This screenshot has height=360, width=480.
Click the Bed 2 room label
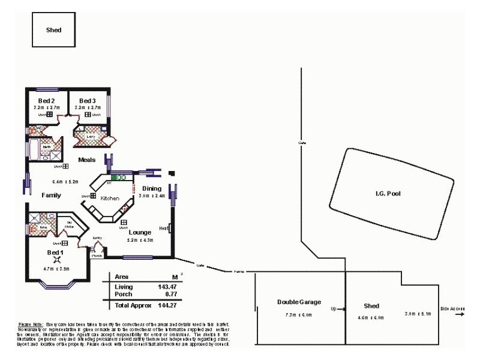point(47,100)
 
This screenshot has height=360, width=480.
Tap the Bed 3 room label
point(87,100)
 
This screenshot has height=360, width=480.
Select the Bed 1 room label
point(56,253)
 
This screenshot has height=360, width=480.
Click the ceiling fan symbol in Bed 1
point(57,260)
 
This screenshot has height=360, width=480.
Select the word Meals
point(87,160)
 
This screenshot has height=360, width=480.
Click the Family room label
point(51,196)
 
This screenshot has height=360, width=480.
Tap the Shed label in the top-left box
point(53,29)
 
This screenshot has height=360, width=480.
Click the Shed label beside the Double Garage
point(373,306)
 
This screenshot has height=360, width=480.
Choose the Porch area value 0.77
point(164,294)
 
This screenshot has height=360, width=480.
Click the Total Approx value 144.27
point(161,305)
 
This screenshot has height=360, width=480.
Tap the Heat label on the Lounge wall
point(163,228)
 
